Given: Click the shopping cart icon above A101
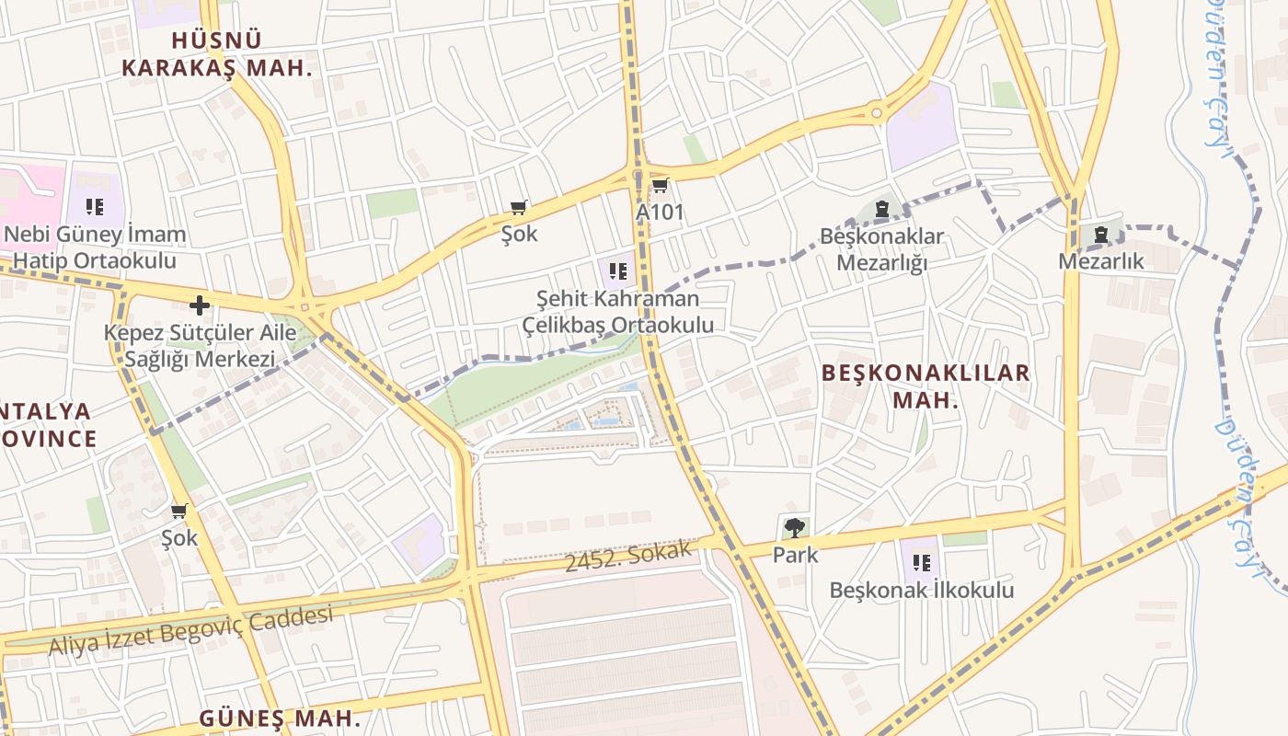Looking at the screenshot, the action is [x=659, y=187].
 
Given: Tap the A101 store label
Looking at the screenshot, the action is [x=660, y=213].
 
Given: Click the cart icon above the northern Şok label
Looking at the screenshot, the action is [x=519, y=208].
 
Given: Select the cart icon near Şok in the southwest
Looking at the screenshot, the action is [x=179, y=511].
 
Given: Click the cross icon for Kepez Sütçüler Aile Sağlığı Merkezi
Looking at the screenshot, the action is [x=200, y=305].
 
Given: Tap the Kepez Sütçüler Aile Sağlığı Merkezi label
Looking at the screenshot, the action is [x=200, y=346].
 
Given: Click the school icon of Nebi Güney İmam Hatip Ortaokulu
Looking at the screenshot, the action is [x=94, y=207].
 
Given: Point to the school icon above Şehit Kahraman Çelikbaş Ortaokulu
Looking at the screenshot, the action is [x=618, y=271].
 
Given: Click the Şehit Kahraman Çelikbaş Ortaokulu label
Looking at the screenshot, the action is [x=618, y=312].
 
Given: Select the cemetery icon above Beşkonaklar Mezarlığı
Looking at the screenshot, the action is [x=882, y=209].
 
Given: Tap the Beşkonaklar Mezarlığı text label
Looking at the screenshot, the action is [x=881, y=249].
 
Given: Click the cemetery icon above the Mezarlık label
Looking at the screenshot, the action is [x=1100, y=236].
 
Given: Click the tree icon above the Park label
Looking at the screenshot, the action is [x=795, y=528].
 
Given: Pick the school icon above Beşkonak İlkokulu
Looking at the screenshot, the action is [x=921, y=562].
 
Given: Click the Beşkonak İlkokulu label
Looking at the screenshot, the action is [x=921, y=590].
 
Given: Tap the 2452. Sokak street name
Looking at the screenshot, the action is [x=627, y=556].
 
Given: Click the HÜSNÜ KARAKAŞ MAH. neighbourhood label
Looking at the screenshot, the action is [x=217, y=53].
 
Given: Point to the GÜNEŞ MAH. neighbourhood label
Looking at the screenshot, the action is [x=280, y=718].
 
